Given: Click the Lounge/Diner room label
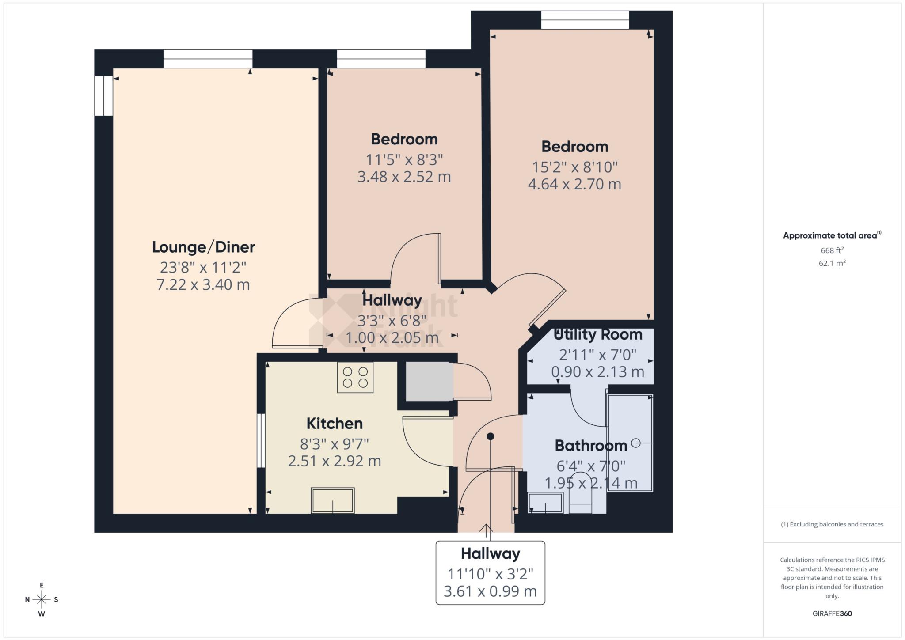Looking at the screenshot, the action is (203, 247).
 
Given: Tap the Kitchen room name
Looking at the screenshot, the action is (335, 423).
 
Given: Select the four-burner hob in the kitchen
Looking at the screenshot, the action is (355, 377).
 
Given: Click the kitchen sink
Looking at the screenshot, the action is (333, 500).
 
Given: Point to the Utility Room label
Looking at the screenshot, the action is (598, 334).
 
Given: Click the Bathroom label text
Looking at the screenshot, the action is (591, 445).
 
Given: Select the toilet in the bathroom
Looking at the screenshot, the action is (580, 495).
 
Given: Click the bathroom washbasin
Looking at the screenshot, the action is (546, 503).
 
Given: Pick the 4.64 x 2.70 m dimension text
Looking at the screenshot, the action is (574, 184).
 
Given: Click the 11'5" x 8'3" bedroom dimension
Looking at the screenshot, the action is (404, 159).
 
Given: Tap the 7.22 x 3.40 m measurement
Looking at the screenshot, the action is (203, 284).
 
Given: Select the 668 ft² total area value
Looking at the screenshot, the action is (832, 250).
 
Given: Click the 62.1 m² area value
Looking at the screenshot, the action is (832, 263).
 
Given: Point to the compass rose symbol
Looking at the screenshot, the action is (42, 599).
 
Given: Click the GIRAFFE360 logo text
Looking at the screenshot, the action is (832, 613).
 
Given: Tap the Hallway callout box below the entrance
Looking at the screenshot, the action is (491, 572).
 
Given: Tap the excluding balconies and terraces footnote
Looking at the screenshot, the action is (832, 524).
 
